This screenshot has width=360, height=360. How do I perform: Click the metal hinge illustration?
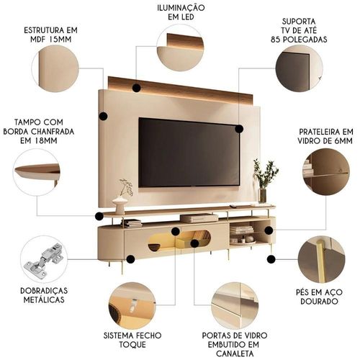pyautogui.click(x=44, y=261)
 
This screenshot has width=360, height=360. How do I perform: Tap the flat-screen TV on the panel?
pyautogui.click(x=189, y=153)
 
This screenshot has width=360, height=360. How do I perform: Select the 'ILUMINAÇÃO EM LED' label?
pyautogui.click(x=181, y=12)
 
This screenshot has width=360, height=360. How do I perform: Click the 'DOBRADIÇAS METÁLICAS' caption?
pyautogui.click(x=44, y=295)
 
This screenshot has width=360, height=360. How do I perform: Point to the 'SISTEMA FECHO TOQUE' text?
pyautogui.click(x=132, y=340)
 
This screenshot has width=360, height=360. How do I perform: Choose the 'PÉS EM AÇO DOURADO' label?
pyautogui.click(x=319, y=297)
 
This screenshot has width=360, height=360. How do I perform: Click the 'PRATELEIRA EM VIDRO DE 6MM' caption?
pyautogui.click(x=325, y=136)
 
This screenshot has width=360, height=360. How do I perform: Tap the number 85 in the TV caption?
pyautogui.click(x=276, y=40)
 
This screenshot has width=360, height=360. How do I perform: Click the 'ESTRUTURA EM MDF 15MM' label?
pyautogui.click(x=51, y=35)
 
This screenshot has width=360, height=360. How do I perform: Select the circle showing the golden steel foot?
pyautogui.click(x=322, y=259)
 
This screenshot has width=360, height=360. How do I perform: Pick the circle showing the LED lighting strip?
pyautogui.click(x=180, y=48)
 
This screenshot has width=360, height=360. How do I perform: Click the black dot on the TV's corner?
pyautogui.click(x=239, y=129)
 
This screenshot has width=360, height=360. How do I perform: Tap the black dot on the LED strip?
pyautogui.click(x=136, y=88)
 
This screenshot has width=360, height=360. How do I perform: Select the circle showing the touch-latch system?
pyautogui.click(x=132, y=306)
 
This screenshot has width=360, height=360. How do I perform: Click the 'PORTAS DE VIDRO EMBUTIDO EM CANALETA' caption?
pyautogui.click(x=235, y=344)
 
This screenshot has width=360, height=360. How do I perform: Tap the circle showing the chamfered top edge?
pyautogui.click(x=37, y=172)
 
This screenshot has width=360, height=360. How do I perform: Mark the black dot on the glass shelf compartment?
pyautogui.click(x=269, y=230)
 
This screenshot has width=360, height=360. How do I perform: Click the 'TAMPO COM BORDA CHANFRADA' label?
pyautogui.click(x=39, y=131)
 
